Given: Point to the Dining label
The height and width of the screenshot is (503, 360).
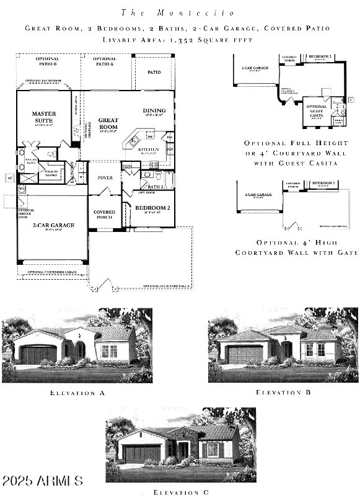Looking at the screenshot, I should click(154, 111).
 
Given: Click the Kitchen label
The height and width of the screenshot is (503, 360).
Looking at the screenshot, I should click(148, 149).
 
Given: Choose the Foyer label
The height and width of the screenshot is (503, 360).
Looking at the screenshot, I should click(105, 178).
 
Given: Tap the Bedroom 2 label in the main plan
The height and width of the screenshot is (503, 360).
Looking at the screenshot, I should click(152, 208).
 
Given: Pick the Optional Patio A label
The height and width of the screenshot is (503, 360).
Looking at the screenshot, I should click(105, 61).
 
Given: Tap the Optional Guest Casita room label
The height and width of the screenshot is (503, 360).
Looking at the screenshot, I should click(317, 110).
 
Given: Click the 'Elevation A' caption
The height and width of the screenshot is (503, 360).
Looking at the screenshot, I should click(77, 393).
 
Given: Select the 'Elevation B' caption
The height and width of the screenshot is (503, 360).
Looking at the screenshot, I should click(283, 392).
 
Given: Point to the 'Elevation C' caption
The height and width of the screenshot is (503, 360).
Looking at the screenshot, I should click(180, 491).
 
